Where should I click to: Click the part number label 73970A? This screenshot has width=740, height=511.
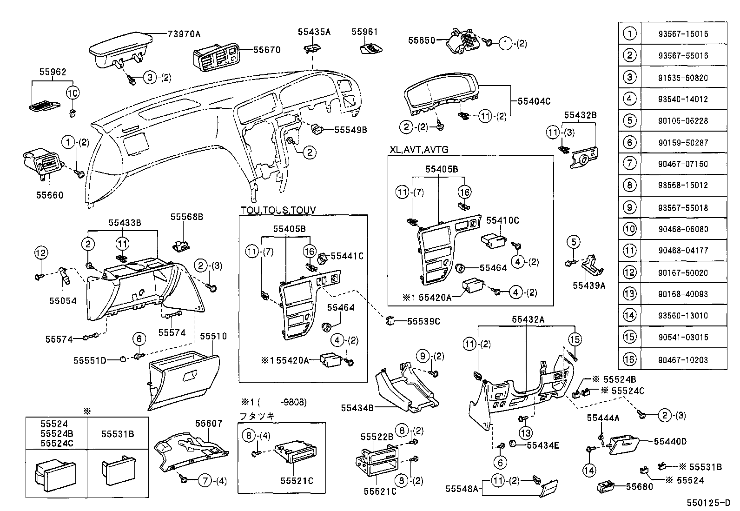(x=184, y=34)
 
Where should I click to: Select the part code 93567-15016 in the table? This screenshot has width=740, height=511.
(x=683, y=34)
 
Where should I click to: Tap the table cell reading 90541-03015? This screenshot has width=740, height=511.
(x=683, y=337)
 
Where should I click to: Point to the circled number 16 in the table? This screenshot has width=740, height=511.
(x=629, y=359)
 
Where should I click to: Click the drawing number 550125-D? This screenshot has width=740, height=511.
(x=709, y=503)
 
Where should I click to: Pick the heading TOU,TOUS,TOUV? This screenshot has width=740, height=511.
(x=278, y=210)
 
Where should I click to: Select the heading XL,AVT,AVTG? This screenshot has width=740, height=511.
(x=419, y=150)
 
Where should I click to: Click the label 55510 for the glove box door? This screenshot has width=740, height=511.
(x=213, y=336)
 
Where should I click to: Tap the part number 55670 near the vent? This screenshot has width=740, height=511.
(x=267, y=50)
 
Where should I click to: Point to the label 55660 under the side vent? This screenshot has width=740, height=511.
(x=50, y=195)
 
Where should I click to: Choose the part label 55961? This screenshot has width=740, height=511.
(x=364, y=32)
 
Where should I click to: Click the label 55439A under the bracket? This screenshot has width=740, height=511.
(x=588, y=285)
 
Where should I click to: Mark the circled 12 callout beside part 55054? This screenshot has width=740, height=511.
(x=41, y=253)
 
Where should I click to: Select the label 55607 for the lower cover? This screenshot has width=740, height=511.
(x=209, y=424)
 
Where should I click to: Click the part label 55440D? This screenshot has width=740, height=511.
(x=670, y=441)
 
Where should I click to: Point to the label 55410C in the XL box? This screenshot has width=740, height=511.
(x=502, y=220)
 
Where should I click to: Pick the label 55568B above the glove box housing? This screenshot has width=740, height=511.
(x=187, y=217)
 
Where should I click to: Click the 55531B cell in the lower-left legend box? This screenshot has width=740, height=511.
(x=118, y=434)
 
